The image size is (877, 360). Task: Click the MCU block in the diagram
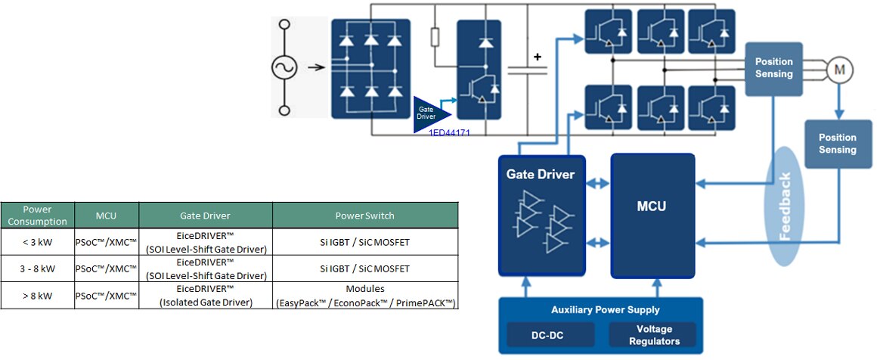(x=652, y=216)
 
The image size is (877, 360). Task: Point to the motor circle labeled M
(x=838, y=70)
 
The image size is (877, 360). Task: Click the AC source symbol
(x=285, y=68)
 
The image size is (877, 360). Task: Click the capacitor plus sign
(x=538, y=57)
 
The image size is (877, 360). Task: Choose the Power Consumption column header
(x=38, y=215)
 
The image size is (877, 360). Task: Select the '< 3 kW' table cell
(x=38, y=241)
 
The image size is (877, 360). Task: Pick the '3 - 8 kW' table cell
(x=38, y=268)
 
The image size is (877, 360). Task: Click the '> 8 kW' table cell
(x=38, y=296)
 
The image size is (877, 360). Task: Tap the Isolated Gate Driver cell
(x=206, y=296)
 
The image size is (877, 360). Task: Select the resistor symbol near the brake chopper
(x=435, y=37)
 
